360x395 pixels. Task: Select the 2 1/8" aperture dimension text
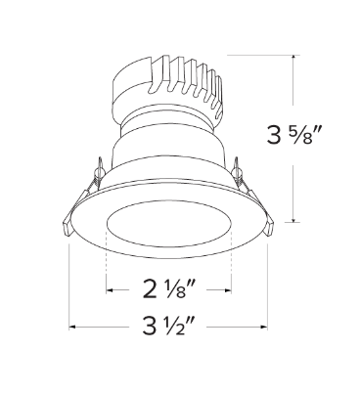tap(169, 289)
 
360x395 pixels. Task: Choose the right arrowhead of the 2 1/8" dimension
tap(228, 289)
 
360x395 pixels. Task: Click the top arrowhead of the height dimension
tap(294, 60)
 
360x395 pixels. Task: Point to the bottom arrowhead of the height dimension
tap(294, 221)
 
